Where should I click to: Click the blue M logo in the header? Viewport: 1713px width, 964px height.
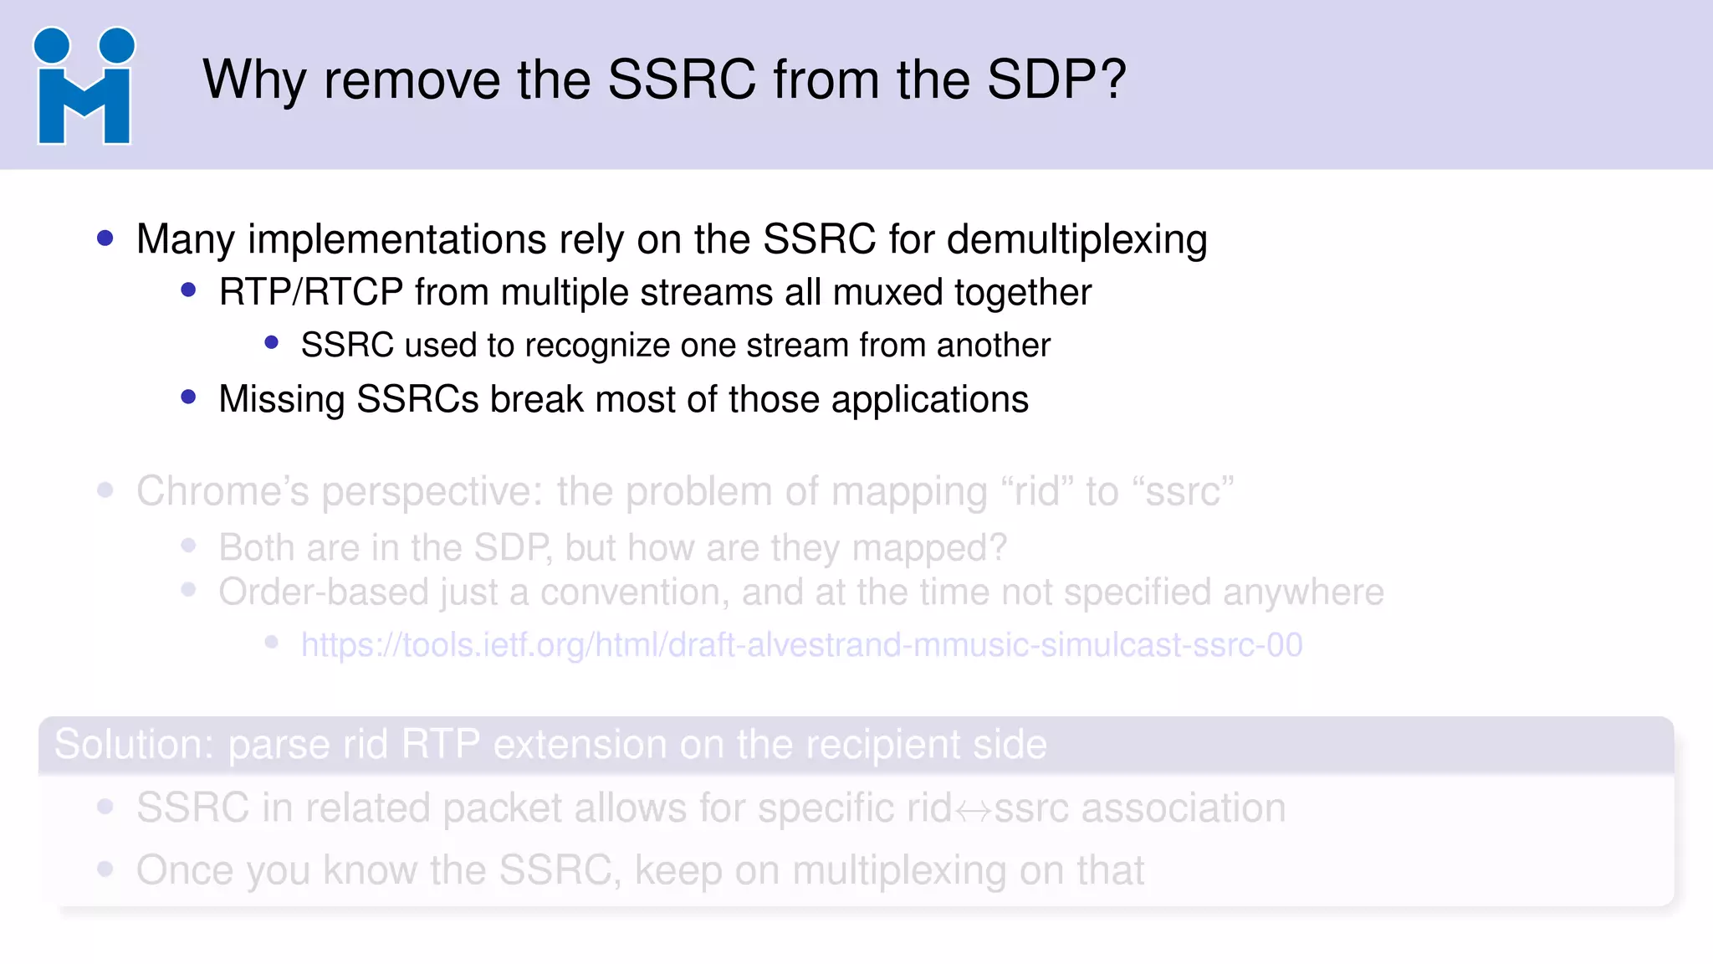coord(84,87)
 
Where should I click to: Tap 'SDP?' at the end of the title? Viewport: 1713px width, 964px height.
coord(1056,80)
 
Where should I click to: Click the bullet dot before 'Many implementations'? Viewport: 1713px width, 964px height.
coord(105,239)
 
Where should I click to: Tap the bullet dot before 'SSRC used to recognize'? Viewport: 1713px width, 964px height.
coord(271,343)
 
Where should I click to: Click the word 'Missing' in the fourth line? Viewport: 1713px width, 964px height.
coord(281,399)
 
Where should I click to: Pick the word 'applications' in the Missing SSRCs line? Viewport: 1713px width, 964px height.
coord(929,400)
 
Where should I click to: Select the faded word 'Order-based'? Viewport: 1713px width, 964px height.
coord(323,592)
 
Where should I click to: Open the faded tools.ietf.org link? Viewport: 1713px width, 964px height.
coord(801,645)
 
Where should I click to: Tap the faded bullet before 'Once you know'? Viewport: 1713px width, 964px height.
coord(105,869)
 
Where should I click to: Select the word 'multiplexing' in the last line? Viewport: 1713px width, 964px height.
coord(899,871)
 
